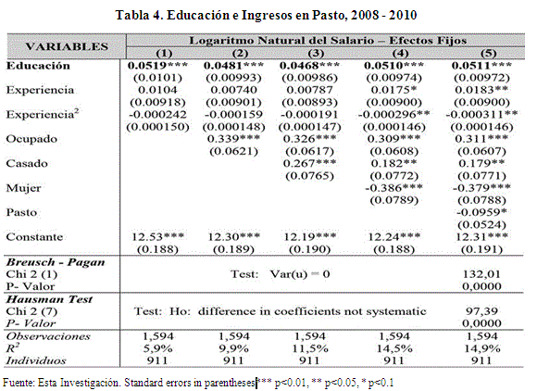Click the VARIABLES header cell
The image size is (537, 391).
67,46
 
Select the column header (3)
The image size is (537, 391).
316,53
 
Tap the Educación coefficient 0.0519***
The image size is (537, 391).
157,66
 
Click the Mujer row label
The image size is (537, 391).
23,188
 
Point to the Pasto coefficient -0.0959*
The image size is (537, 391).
481,212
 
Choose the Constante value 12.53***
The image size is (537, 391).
158,237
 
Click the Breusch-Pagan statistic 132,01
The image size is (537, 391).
481,274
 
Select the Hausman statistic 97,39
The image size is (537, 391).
481,311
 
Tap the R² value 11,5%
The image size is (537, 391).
309,348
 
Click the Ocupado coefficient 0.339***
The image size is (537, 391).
233,139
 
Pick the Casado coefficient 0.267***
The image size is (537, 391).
309,163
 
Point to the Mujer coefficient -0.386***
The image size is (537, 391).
393,188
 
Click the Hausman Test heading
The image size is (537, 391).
49,299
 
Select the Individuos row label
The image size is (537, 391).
36,360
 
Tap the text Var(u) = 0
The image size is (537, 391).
300,274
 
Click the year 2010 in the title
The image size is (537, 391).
403,15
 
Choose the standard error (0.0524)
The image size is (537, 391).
481,225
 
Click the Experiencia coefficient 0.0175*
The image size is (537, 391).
393,90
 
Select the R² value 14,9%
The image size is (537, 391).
481,348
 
